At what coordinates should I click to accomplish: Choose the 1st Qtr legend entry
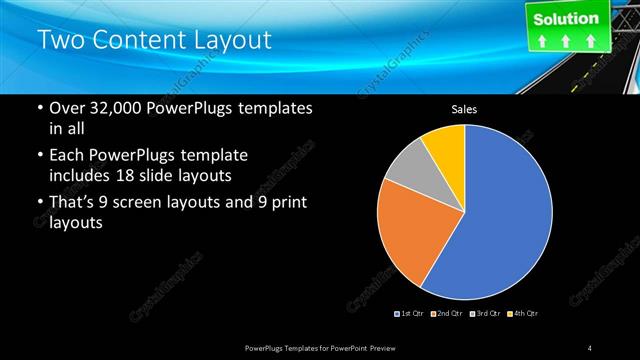point(411,314)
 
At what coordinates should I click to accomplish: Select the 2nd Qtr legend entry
point(449,314)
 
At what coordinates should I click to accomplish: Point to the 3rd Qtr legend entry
point(486,314)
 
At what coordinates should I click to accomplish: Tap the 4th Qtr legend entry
point(523,314)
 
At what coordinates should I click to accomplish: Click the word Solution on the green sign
point(565,19)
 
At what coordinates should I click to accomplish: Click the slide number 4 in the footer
point(590,347)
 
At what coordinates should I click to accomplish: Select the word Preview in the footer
point(394,347)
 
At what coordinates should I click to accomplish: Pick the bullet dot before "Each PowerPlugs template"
point(39,156)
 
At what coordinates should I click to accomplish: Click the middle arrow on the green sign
point(565,42)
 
